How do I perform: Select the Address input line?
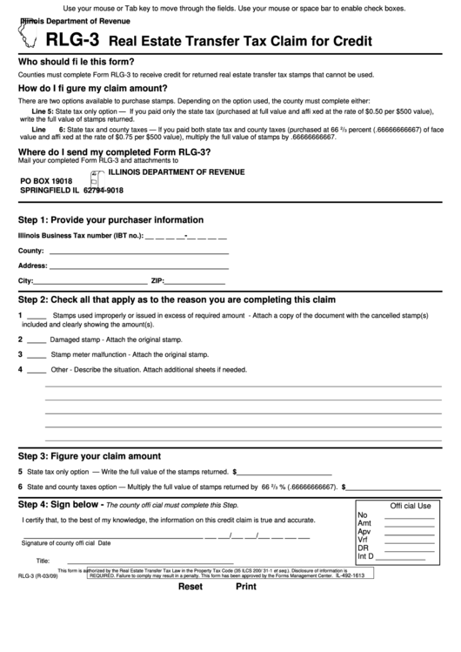click(x=139, y=266)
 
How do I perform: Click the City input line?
click(x=90, y=281)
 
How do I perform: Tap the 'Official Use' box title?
click(x=410, y=506)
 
